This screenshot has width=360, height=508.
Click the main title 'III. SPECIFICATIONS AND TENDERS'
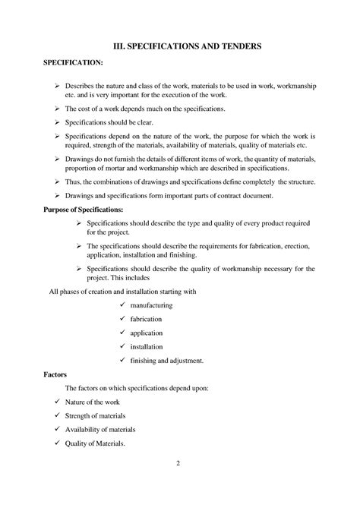(x=180, y=46)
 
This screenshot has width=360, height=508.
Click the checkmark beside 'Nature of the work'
(x=58, y=402)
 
